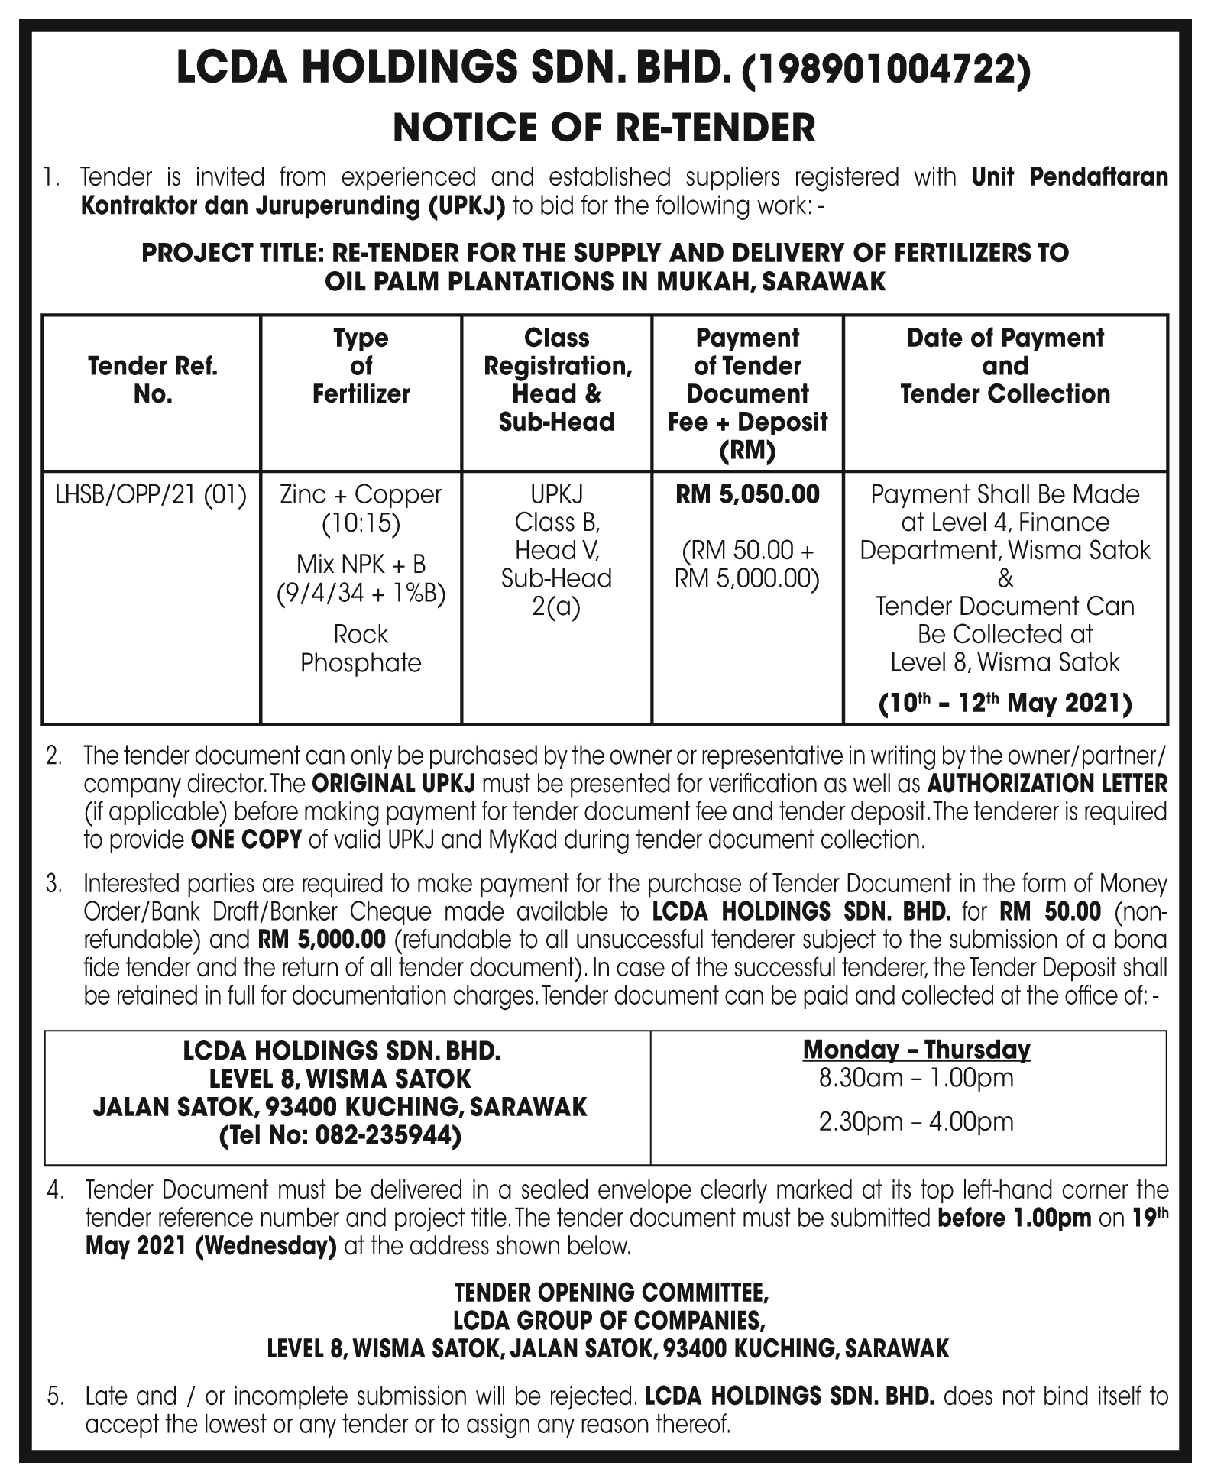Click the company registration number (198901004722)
pyautogui.click(x=887, y=70)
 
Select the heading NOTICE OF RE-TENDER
pyautogui.click(x=604, y=128)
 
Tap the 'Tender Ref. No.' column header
pyautogui.click(x=152, y=380)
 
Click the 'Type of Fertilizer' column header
pyautogui.click(x=361, y=366)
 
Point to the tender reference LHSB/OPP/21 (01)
pyautogui.click(x=151, y=495)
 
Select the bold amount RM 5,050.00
pyautogui.click(x=747, y=494)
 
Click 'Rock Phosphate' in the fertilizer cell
pyautogui.click(x=361, y=649)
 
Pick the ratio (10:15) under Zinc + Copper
pyautogui.click(x=361, y=523)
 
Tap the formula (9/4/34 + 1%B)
pyautogui.click(x=361, y=593)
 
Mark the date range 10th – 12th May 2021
pyautogui.click(x=1005, y=703)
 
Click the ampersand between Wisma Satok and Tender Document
pyautogui.click(x=1005, y=578)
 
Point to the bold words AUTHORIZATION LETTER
pyautogui.click(x=1047, y=783)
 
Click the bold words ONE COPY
pyautogui.click(x=246, y=840)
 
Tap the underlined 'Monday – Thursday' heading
pyautogui.click(x=916, y=1050)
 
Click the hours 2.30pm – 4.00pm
pyautogui.click(x=916, y=1121)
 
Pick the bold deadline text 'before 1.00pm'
pyautogui.click(x=1014, y=1218)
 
